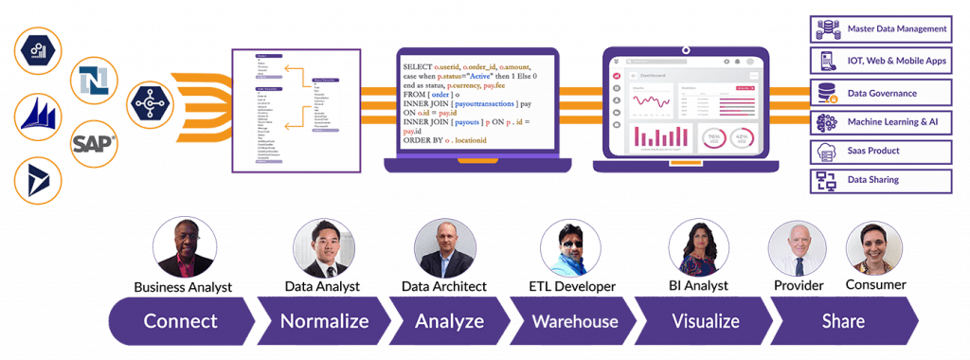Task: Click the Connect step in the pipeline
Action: coord(181,321)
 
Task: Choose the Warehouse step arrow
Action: coord(573,321)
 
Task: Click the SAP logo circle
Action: coord(95,143)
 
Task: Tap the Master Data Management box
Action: coord(882,29)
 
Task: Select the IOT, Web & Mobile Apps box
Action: coord(882,60)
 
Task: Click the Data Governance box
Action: coord(882,92)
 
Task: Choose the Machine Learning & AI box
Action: coord(882,122)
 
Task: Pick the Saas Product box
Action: coord(882,151)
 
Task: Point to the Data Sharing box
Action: coord(882,180)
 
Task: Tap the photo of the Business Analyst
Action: coord(184,247)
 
